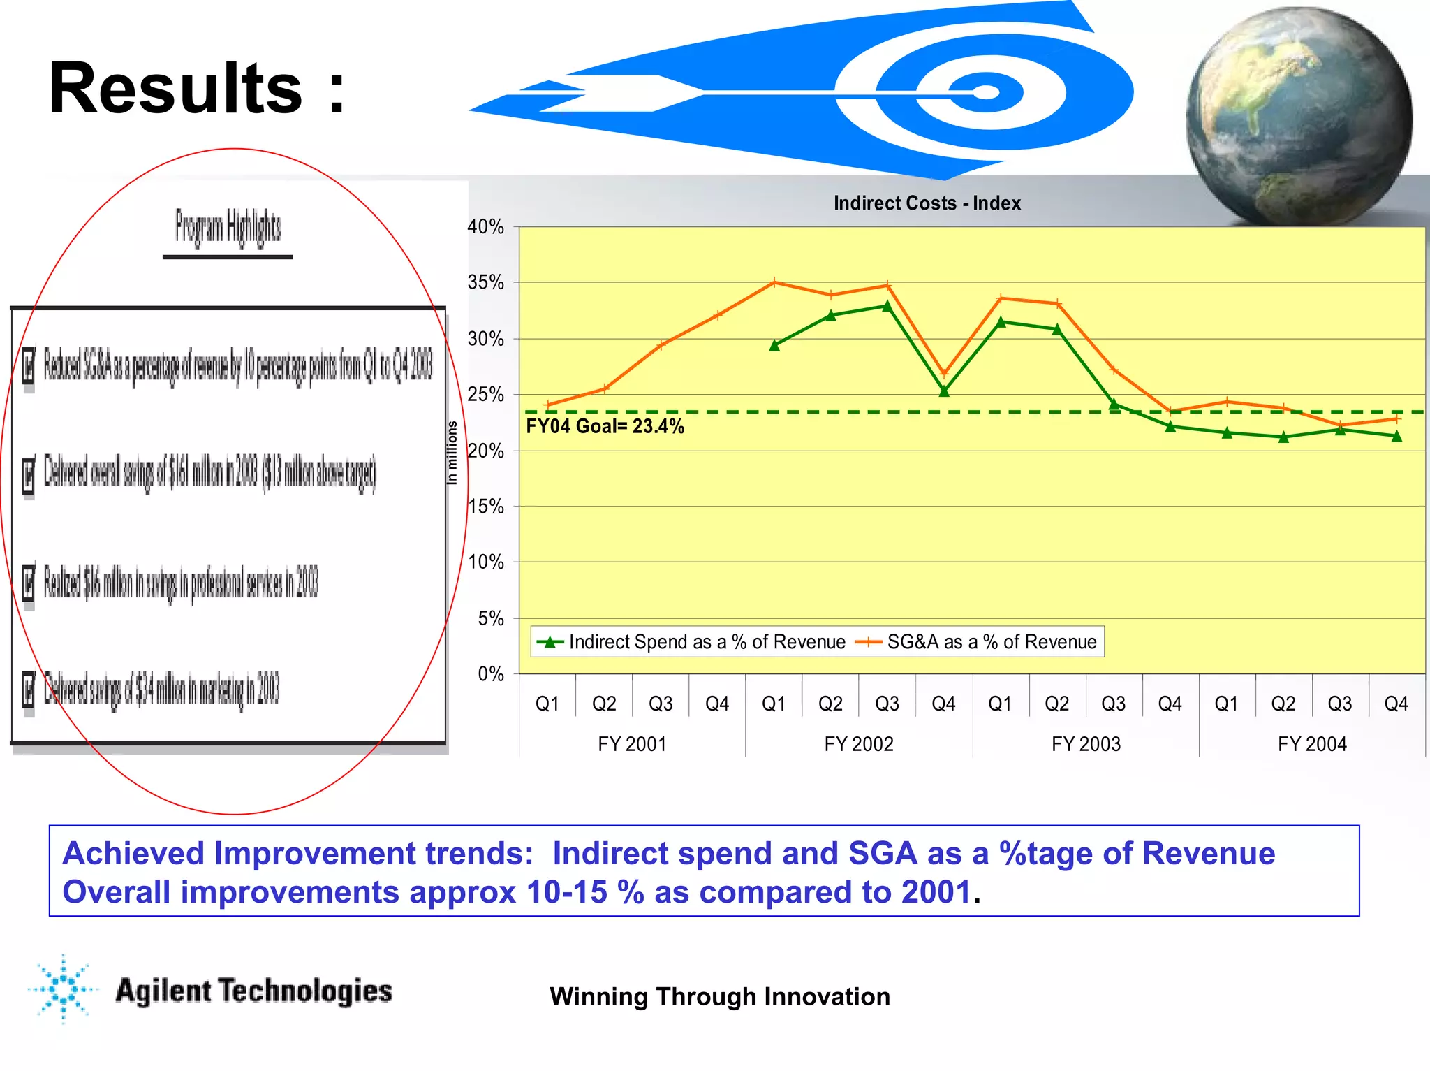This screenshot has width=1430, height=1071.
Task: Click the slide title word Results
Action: point(175,89)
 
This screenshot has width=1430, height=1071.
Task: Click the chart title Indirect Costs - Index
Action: point(927,203)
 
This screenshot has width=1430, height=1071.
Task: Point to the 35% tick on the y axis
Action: point(486,282)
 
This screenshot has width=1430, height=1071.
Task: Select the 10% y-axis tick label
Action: point(486,562)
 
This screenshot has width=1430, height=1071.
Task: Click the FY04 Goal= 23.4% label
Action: point(605,426)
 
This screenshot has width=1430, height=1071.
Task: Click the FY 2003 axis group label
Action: point(1086,744)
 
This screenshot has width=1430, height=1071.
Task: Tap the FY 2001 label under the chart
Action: point(632,744)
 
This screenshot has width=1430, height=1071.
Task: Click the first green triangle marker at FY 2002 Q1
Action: point(774,345)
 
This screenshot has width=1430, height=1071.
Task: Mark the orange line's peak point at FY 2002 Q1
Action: point(774,283)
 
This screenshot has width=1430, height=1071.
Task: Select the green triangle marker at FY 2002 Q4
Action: point(944,391)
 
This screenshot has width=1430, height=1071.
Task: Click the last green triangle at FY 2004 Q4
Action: point(1396,436)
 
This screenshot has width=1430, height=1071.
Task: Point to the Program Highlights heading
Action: point(228,228)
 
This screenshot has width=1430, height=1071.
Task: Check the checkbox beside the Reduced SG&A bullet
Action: point(29,365)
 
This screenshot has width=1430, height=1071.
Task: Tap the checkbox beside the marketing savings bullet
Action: point(29,690)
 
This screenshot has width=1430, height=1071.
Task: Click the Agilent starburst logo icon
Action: point(64,989)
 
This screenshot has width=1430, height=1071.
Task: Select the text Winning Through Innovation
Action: point(720,996)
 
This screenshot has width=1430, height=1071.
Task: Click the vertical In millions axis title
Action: point(452,453)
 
